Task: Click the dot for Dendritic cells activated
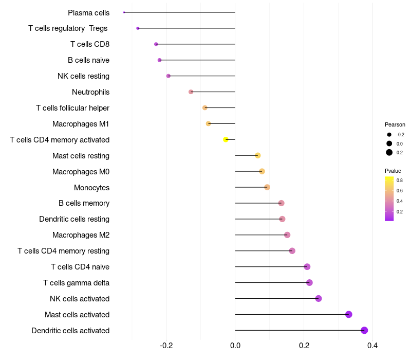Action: coord(364,330)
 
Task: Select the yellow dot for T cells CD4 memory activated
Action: coord(226,139)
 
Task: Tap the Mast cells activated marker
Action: coord(349,314)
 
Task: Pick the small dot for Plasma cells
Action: coord(124,12)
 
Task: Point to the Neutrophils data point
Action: coord(191,92)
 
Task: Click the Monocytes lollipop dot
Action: coord(267,187)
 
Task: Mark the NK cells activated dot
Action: coord(319,298)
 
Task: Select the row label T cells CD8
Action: coord(90,44)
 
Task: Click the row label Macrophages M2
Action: coord(81,235)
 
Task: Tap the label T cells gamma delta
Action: coord(76,283)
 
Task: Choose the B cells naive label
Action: coord(88,60)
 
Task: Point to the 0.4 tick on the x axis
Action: coord(372,345)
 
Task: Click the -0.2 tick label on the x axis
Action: coord(166,345)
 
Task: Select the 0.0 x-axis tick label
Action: coord(235,345)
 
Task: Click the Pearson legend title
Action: coord(395,124)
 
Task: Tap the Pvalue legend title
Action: coord(393,171)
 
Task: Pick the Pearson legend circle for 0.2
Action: coord(389,152)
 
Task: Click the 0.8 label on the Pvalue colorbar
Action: coord(400,181)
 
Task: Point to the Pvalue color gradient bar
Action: coord(389,199)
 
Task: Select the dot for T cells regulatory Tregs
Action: coord(138,28)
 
